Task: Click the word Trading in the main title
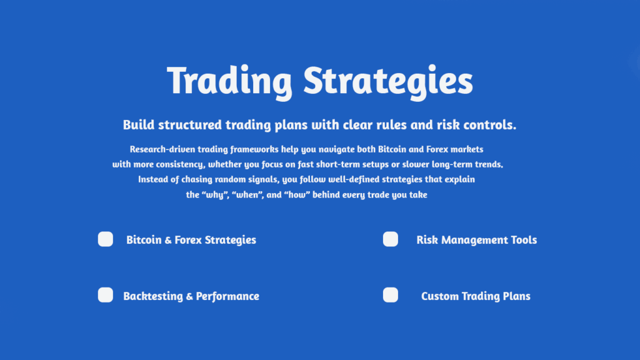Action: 229,81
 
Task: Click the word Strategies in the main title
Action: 388,81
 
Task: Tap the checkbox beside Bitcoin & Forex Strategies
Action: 105,239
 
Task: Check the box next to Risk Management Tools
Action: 390,239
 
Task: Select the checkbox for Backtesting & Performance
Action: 105,295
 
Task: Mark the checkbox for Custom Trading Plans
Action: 390,295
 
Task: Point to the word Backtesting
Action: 153,296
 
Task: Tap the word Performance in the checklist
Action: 227,296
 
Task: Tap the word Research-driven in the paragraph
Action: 162,149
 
